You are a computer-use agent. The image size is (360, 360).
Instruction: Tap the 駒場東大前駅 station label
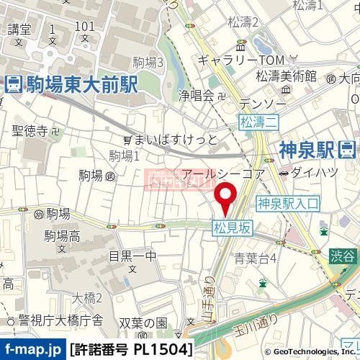coord(71,84)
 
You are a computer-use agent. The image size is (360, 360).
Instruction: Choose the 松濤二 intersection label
coord(260,122)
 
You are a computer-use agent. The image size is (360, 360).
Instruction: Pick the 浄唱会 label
coord(197,94)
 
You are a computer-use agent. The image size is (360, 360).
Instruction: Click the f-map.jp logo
coord(33,349)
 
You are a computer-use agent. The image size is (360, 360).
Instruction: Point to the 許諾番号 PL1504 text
coord(131,349)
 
